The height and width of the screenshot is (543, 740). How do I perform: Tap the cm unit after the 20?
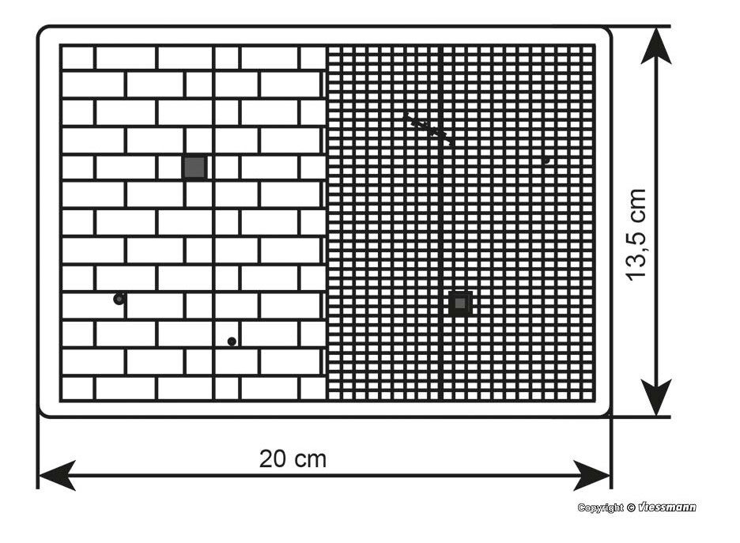[311, 461]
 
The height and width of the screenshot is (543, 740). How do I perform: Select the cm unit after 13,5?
[637, 204]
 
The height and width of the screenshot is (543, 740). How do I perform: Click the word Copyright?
[600, 507]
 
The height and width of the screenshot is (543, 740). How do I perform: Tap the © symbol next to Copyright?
[631, 507]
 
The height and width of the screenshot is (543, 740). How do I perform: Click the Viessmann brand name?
[666, 507]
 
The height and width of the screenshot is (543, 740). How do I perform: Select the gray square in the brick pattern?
[194, 167]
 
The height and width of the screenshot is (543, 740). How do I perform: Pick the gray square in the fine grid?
[460, 304]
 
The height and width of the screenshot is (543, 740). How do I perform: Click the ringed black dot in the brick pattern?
[119, 299]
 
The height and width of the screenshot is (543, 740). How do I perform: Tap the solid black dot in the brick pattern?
[232, 341]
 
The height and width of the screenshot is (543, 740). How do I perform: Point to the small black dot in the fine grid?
[546, 160]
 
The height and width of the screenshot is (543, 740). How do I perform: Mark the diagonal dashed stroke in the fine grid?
[428, 127]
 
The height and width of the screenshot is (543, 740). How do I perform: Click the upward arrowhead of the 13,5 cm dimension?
[656, 46]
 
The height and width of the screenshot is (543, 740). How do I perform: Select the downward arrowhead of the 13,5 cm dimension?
[656, 398]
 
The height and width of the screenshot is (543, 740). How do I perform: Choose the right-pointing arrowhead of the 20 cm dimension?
[592, 475]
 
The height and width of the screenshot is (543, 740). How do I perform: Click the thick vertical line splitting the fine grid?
[441, 223]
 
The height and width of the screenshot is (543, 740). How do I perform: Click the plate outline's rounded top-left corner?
[42, 31]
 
